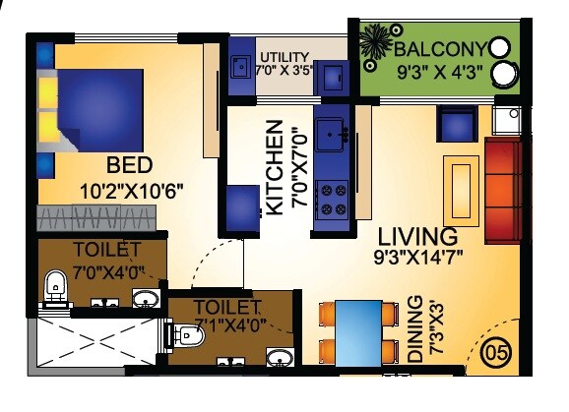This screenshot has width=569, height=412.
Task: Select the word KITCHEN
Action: (x=276, y=168)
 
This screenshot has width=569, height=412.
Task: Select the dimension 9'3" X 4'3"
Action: (x=439, y=71)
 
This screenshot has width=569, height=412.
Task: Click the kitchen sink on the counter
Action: (x=333, y=131)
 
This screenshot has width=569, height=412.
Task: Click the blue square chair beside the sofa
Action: (x=457, y=125)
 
